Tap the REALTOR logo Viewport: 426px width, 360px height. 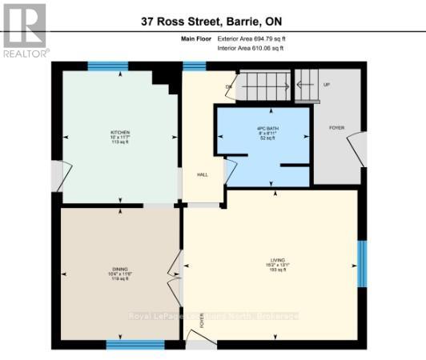25,30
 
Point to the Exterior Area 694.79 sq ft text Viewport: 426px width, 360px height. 251,39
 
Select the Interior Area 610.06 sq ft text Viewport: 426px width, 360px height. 251,48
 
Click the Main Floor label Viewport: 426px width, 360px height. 183,39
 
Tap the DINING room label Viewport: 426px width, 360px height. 120,274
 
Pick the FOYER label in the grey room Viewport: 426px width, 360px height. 336,127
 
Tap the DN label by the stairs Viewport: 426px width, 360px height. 228,86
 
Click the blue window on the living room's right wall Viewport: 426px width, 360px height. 362,263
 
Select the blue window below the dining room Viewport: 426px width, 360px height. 135,345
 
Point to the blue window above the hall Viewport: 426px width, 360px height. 194,66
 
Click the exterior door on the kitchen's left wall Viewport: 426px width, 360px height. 58,176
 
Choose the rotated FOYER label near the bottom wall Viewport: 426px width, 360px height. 203,322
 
